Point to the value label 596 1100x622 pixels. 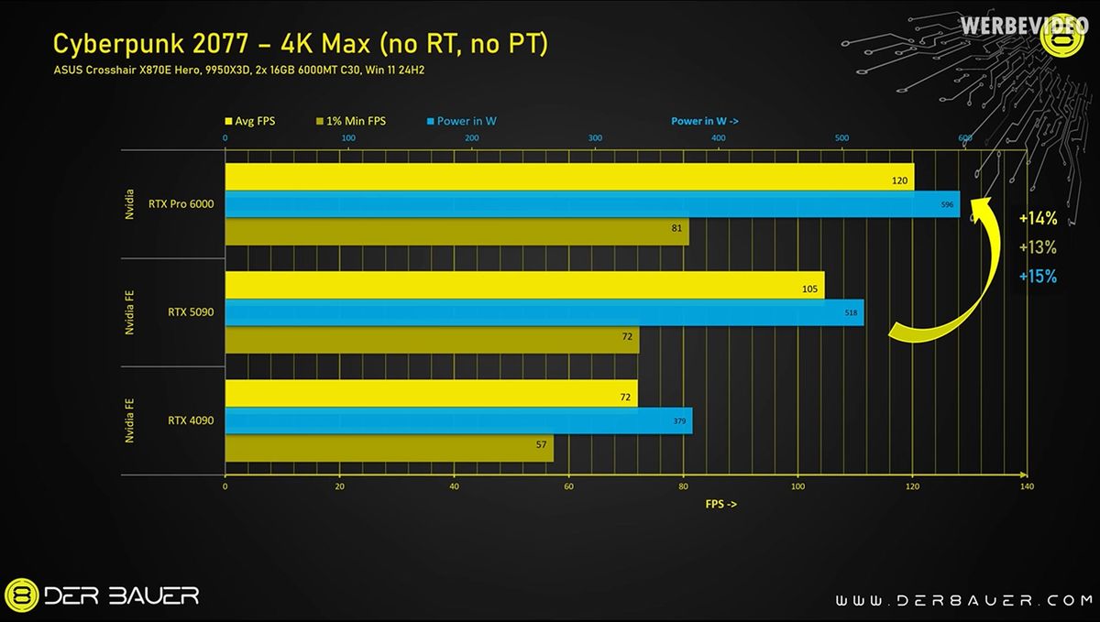(948, 205)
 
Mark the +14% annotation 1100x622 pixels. (1038, 219)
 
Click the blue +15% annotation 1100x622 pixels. (1038, 277)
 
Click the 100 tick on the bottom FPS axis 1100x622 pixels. (797, 487)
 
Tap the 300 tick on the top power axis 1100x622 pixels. (595, 138)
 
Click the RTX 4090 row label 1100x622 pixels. (191, 420)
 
